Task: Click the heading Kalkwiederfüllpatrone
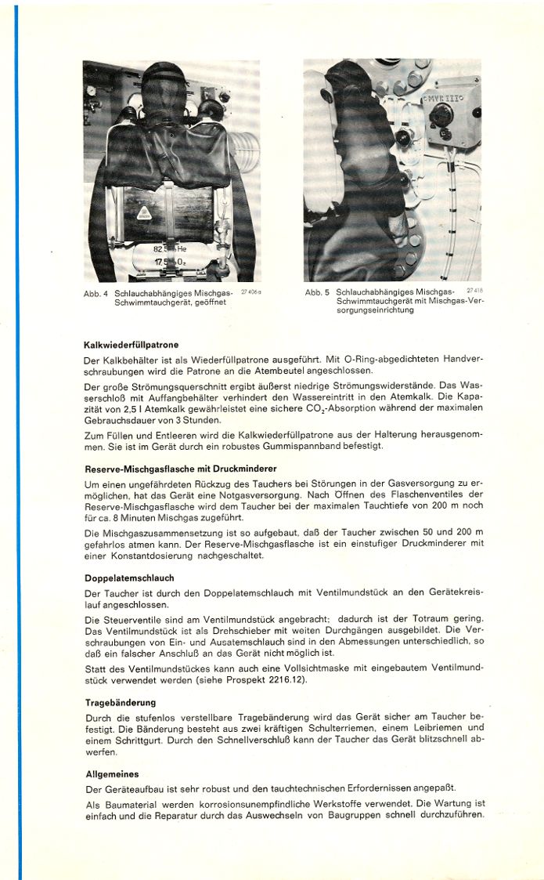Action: click(131, 344)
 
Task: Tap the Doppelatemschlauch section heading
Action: click(130, 579)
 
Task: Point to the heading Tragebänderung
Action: click(121, 702)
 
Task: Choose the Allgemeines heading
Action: click(113, 773)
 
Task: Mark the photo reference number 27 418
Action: click(475, 291)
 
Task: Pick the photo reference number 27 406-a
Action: click(250, 291)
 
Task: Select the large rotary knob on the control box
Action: click(440, 114)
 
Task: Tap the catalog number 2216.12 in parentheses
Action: click(286, 679)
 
